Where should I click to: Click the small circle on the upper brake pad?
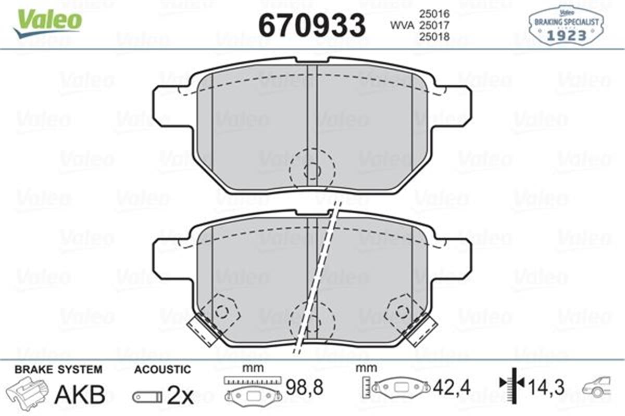point(312,170)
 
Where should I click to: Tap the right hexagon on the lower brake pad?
point(402,311)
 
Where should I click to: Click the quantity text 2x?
point(180,396)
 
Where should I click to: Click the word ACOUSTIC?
point(162,370)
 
